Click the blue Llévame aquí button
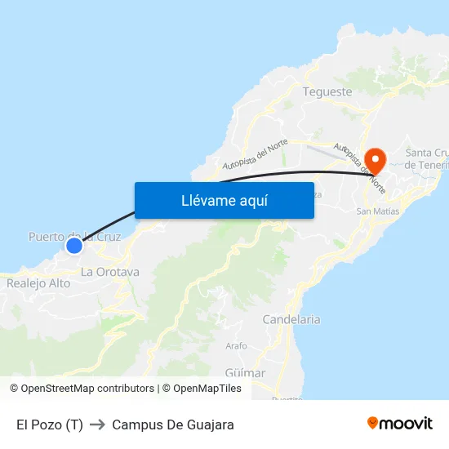224,200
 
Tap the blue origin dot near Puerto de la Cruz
74,245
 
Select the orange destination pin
376,158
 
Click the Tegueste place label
327,91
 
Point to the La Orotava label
110,272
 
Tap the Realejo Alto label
38,283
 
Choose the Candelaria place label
291,320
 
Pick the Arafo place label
236,346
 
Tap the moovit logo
400,424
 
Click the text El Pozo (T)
50,425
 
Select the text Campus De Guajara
173,425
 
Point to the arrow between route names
98,425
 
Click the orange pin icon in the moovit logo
373,423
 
